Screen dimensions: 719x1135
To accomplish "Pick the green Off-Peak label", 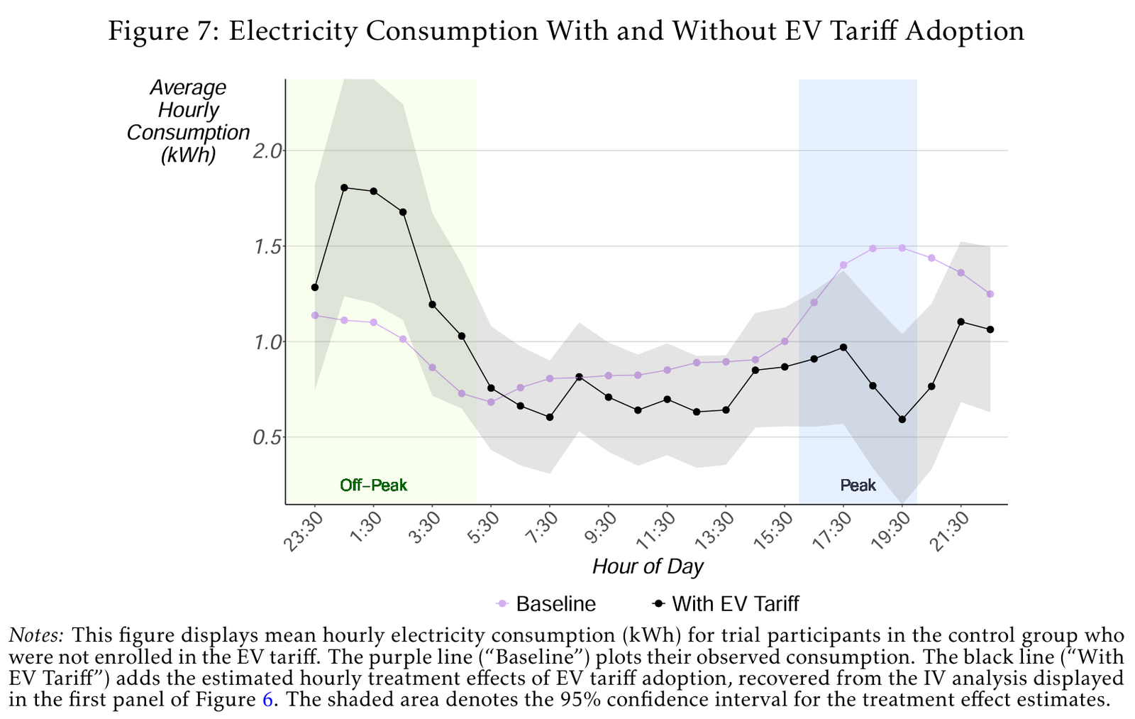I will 374,485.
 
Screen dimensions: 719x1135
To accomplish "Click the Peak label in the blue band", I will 858,485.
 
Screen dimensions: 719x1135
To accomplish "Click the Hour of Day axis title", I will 647,566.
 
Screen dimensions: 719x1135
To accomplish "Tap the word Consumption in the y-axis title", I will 188,133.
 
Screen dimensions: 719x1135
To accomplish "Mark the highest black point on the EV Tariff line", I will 344,187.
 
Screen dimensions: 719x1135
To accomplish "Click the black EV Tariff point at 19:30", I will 902,419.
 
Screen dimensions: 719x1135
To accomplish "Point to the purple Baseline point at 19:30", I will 902,248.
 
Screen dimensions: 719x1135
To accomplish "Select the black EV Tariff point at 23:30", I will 315,287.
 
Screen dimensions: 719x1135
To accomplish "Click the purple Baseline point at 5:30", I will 491,402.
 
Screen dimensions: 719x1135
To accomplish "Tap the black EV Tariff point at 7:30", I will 550,417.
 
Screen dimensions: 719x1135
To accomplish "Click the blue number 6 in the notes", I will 267,700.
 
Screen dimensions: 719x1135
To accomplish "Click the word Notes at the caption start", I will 37,635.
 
